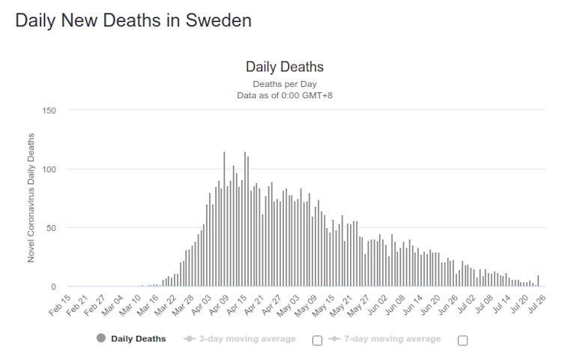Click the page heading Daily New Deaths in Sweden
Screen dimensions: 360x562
click(133, 20)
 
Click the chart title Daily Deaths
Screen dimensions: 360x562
click(285, 67)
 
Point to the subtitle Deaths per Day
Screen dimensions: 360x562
click(285, 84)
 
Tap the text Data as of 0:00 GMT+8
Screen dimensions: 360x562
click(285, 95)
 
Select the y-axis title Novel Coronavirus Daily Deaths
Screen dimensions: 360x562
click(31, 197)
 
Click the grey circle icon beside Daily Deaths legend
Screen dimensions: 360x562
click(101, 339)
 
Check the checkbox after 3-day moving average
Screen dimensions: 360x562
click(317, 340)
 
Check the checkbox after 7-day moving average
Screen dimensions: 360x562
click(462, 340)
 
